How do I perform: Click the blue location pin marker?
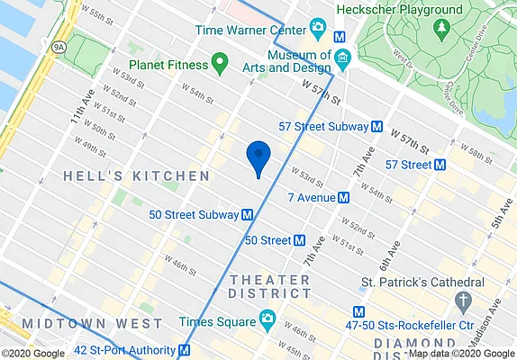coord(258,157)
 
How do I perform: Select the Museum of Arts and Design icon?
coord(341,59)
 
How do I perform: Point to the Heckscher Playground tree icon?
coord(441,27)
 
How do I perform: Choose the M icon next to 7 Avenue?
coord(343,197)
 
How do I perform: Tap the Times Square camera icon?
coord(267,319)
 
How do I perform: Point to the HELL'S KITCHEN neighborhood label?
coord(136,176)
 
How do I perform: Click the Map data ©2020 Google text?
coord(459,353)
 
